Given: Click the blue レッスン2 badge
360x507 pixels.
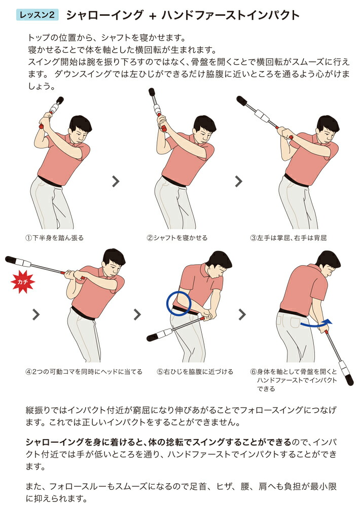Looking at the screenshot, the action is [37, 15].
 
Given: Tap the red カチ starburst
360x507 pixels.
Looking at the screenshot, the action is [23, 281].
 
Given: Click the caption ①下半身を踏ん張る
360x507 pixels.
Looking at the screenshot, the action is [55, 238].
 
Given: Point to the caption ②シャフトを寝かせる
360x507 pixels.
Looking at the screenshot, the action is [177, 238].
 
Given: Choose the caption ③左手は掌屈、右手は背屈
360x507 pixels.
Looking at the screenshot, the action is [288, 238].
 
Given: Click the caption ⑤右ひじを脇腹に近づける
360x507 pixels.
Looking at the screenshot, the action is [195, 372].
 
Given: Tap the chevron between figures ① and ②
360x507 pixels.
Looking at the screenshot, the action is [116, 182].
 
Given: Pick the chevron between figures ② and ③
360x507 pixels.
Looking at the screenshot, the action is [238, 182].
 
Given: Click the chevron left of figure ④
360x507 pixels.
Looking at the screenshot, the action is [36, 314].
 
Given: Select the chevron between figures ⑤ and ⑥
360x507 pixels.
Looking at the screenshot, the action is [242, 314].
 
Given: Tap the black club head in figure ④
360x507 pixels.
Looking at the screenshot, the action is [11, 259].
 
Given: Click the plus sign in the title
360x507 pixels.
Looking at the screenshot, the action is [153, 16].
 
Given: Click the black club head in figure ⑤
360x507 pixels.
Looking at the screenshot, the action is [152, 338].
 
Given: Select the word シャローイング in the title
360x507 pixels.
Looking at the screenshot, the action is [104, 15].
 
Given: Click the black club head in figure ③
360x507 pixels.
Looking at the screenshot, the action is [242, 100].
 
